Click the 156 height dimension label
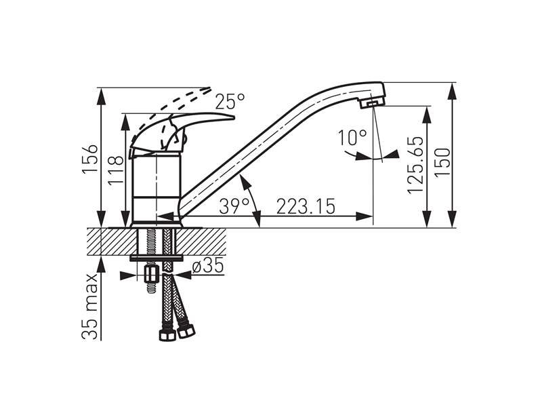point(90,159)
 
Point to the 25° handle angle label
point(230,101)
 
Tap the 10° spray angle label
point(352,138)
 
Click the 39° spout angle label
point(234,207)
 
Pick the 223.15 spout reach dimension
point(306,207)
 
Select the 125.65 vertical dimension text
point(415,165)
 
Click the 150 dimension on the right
point(442,163)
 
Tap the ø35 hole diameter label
point(208,266)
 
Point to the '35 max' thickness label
point(89,307)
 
